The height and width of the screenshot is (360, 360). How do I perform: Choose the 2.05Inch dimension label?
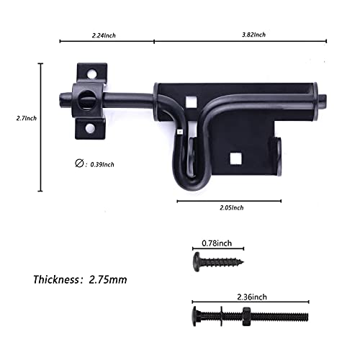click(230, 207)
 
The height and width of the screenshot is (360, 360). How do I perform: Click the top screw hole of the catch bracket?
click(91, 71)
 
